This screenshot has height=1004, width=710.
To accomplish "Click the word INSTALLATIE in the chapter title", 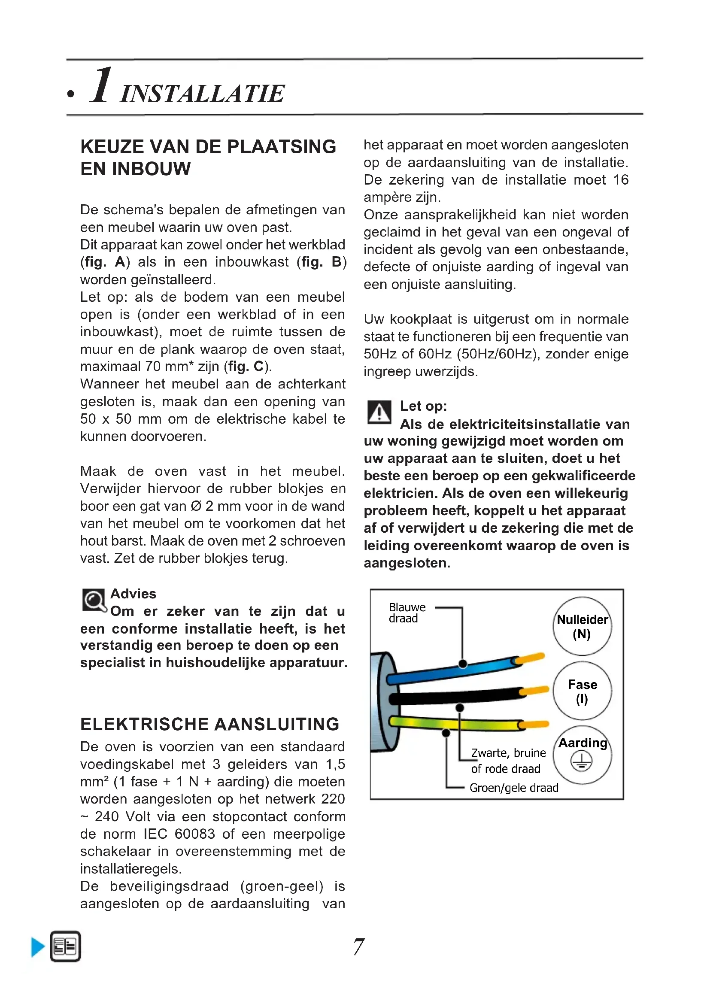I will pos(203,94).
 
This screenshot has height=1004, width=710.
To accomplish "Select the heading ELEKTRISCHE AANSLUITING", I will pos(210,725).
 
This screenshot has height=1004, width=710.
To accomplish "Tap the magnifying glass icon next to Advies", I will pos(94,601).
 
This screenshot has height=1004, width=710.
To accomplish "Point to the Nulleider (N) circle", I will pos(582,626).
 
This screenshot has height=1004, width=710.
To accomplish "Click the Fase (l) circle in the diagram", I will pos(582,691).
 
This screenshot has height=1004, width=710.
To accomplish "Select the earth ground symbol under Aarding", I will pos(582,761).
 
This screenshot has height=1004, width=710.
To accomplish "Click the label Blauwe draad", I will pos(407,613).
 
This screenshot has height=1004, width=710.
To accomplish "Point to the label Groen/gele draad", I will pos(514,788).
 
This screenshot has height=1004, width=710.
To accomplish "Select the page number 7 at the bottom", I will pos(358,947).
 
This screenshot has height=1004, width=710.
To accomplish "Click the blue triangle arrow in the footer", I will pos(38,947).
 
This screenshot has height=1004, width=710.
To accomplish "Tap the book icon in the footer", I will pos(66,947).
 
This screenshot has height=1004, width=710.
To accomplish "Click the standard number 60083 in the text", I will pos(194,834).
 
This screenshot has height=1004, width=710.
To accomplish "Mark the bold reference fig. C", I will pos(247,366).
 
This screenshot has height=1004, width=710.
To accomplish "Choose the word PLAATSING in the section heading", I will pos(282,147).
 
